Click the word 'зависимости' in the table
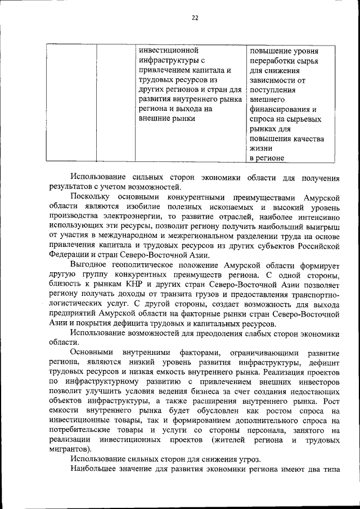[274, 82]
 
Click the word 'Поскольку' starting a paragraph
[91, 196]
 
